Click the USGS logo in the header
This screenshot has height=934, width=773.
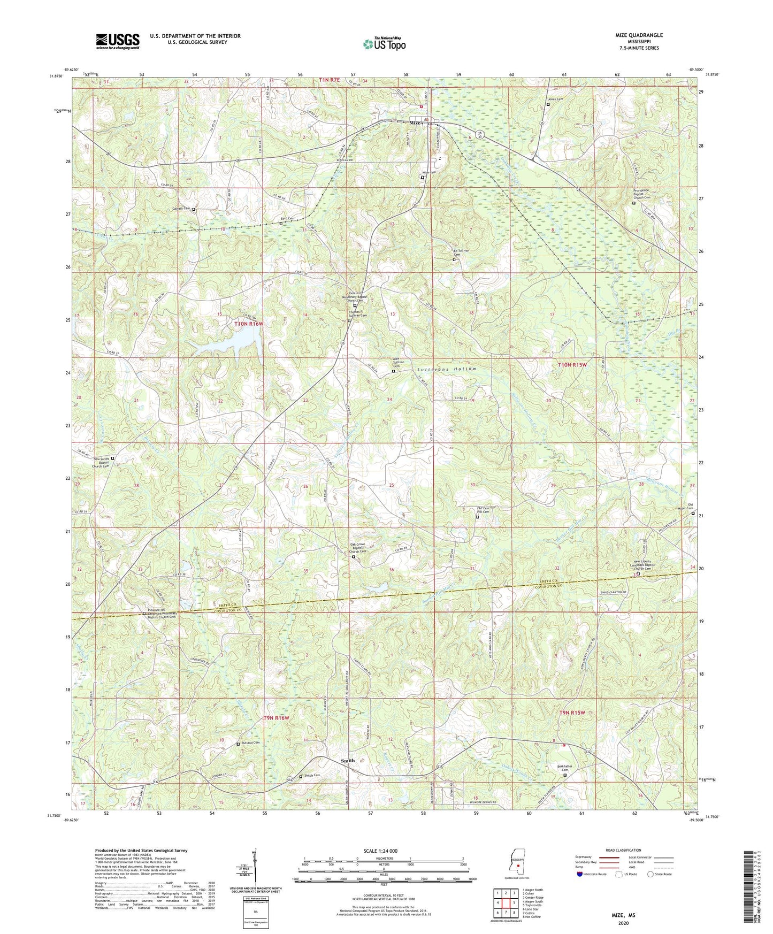(x=118, y=41)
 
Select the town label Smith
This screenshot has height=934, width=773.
(x=348, y=760)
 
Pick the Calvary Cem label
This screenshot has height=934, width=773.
(x=181, y=209)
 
